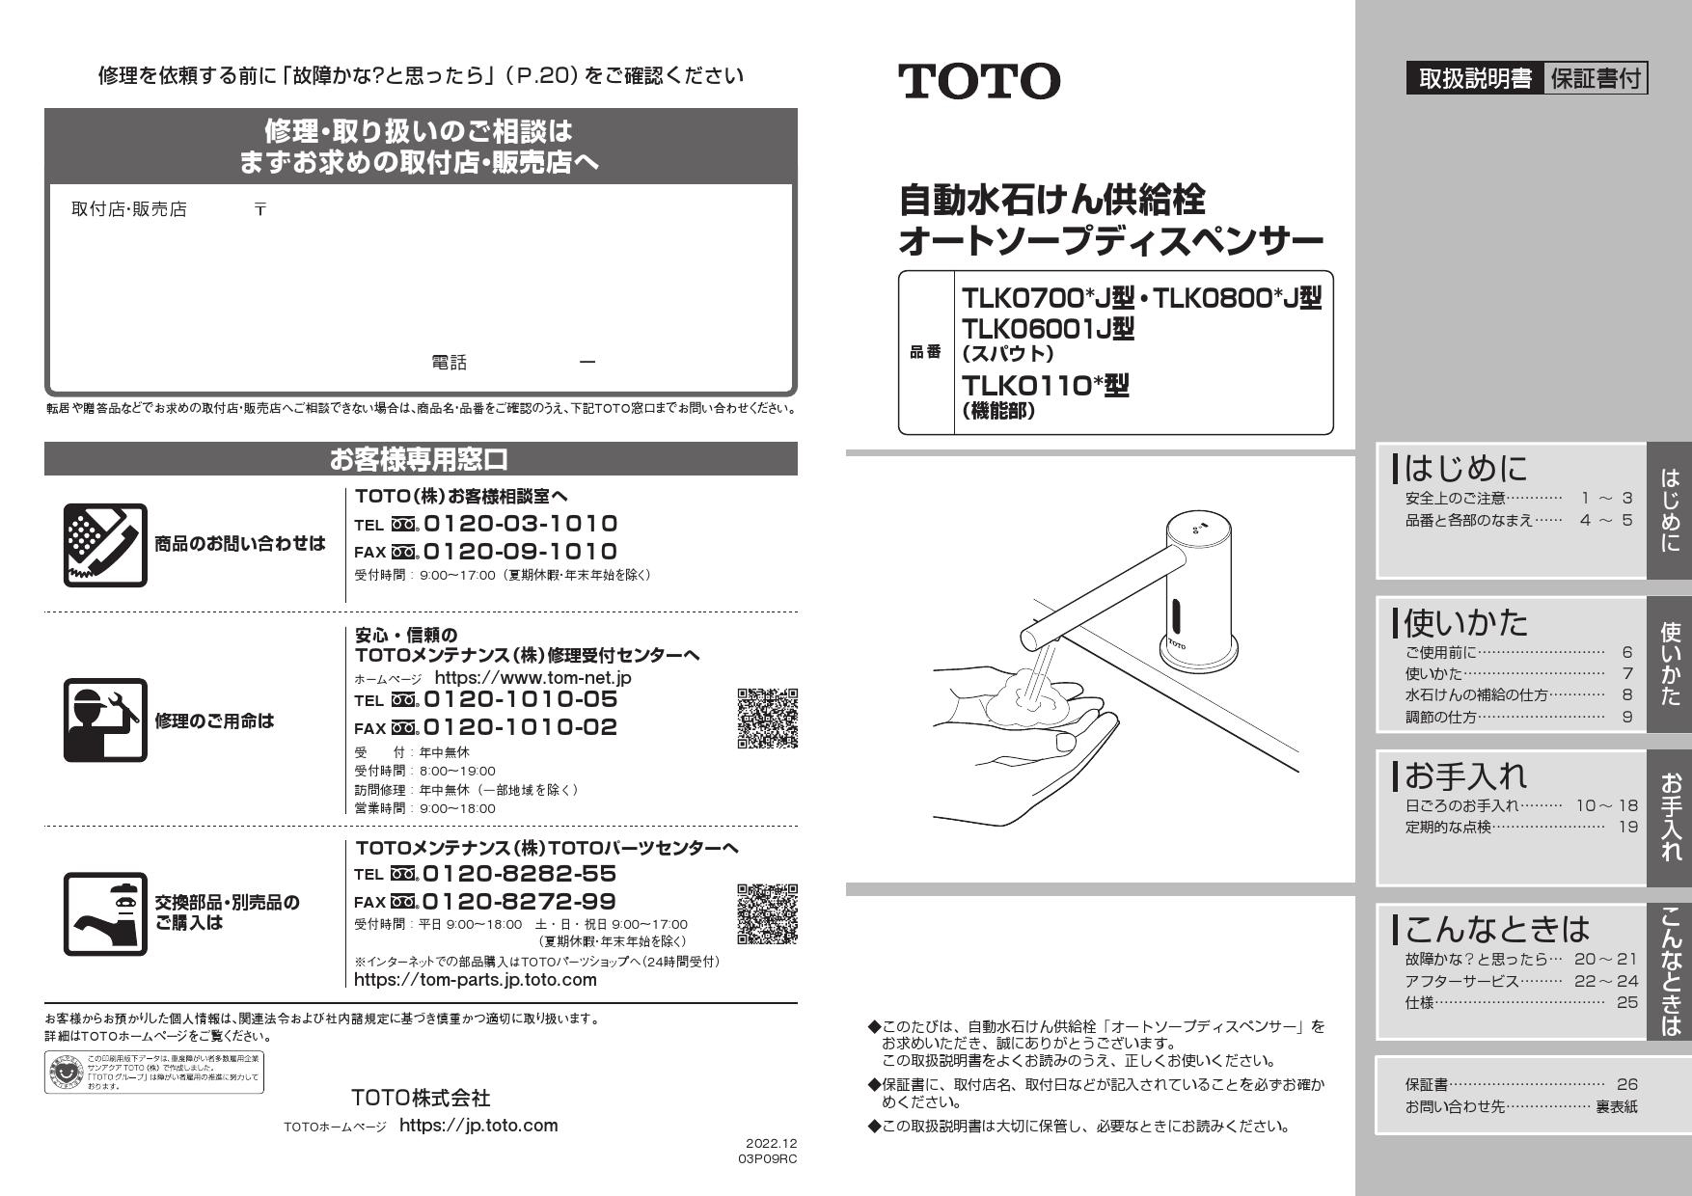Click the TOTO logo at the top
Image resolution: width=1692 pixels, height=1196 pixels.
[x=978, y=81]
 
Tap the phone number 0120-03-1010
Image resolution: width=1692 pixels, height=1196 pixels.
[x=520, y=524]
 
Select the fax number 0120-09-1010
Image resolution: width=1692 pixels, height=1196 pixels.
[x=520, y=552]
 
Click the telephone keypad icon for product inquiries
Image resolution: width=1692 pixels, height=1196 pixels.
[x=105, y=545]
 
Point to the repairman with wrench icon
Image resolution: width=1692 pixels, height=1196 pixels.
[x=105, y=720]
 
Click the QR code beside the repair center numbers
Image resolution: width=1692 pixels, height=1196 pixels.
[x=767, y=719]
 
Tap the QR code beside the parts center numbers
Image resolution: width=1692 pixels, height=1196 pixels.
[x=767, y=913]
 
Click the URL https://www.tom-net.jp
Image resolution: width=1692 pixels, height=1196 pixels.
[x=532, y=677]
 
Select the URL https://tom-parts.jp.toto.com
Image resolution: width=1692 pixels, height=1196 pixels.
[x=476, y=980]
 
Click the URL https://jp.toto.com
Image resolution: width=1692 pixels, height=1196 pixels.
[x=478, y=1125]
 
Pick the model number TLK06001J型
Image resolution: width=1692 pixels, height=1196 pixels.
[x=1048, y=329]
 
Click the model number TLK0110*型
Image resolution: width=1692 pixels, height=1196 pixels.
[x=1045, y=386]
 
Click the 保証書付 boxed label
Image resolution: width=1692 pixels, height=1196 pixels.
[x=1596, y=78]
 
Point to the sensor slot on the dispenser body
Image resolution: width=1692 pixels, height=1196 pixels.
[x=1176, y=614]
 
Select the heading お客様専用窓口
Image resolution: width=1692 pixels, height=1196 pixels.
[x=420, y=459]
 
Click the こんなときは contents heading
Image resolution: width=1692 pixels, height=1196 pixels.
[x=1496, y=928]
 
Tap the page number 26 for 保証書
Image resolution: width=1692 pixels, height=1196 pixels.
[x=1627, y=1084]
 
